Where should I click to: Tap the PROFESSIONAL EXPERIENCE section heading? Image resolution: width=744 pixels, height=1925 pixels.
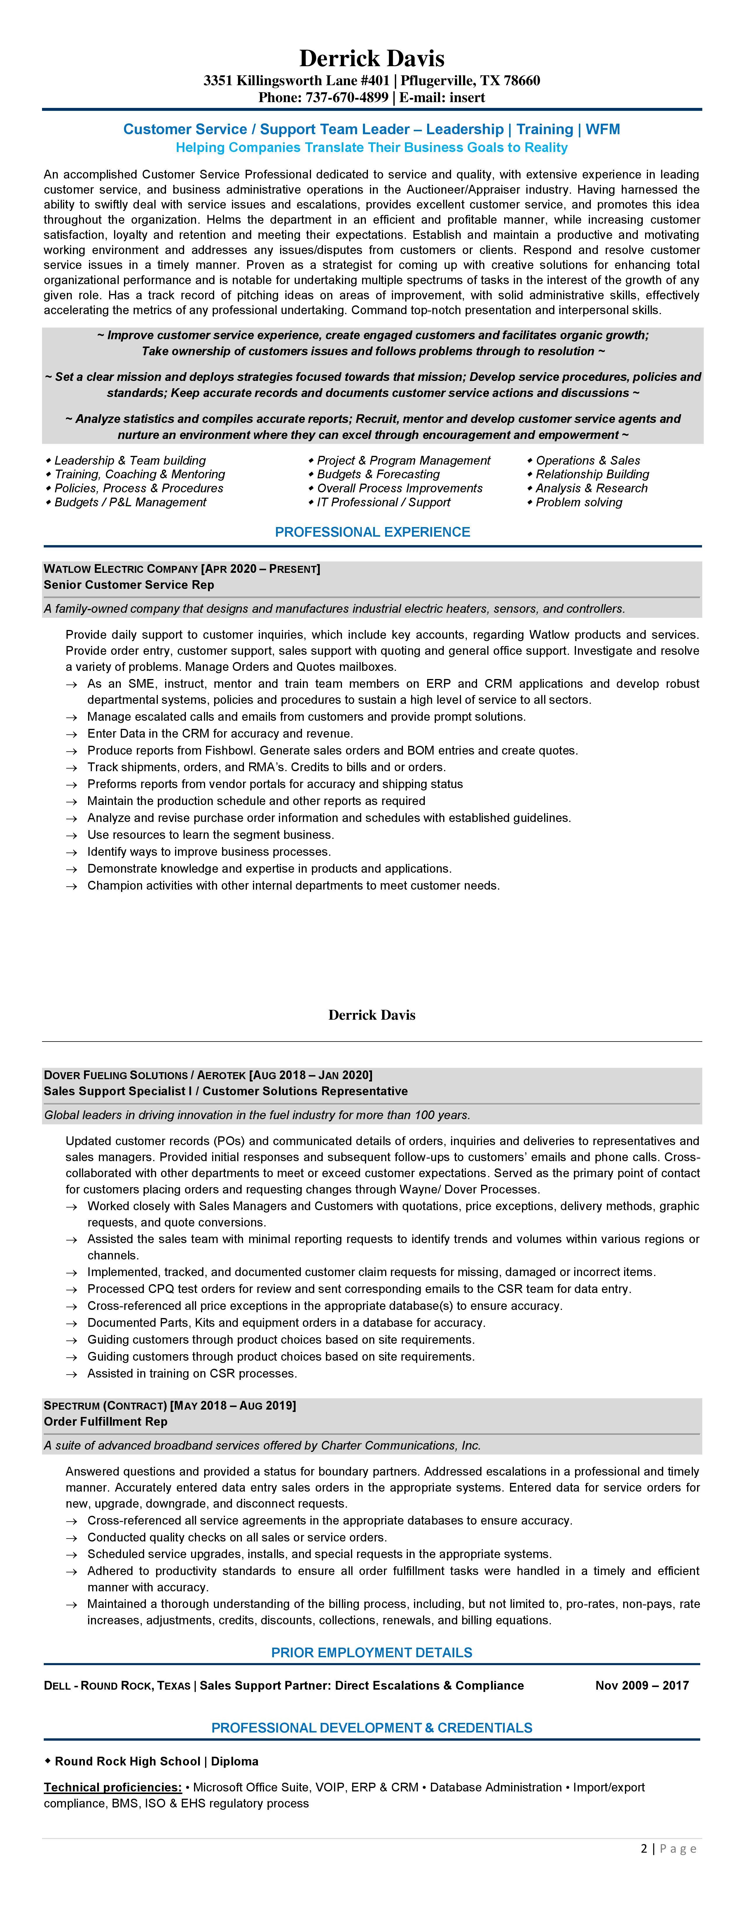(372, 532)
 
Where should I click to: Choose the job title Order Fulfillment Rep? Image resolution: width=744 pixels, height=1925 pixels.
(105, 1421)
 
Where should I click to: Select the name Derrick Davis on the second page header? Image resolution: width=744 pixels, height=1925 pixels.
(372, 1015)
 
